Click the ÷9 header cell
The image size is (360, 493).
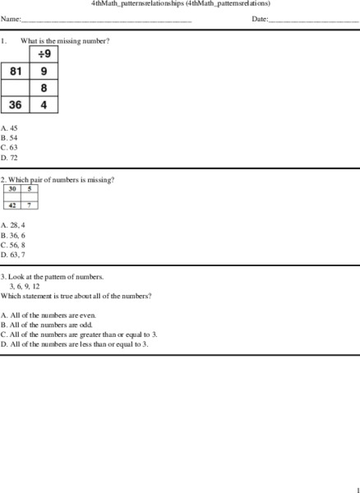pyautogui.click(x=44, y=54)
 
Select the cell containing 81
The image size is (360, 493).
pyautogui.click(x=16, y=71)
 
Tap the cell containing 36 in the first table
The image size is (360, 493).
pyautogui.click(x=16, y=104)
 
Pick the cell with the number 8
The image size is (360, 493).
pyautogui.click(x=44, y=88)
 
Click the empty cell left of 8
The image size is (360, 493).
pyautogui.click(x=16, y=88)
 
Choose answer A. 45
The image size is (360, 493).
pyautogui.click(x=10, y=128)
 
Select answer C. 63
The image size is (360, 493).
pyautogui.click(x=10, y=148)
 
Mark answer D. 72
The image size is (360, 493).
pyautogui.click(x=10, y=158)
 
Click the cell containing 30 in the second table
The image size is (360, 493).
pyautogui.click(x=12, y=189)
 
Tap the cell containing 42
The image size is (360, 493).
pyautogui.click(x=12, y=205)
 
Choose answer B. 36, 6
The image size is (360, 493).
pyautogui.click(x=14, y=235)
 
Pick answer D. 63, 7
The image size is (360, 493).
pyautogui.click(x=14, y=255)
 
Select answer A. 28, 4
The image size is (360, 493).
pyautogui.click(x=14, y=225)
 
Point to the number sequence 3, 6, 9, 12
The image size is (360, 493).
pyautogui.click(x=25, y=286)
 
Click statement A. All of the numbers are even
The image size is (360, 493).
pyautogui.click(x=48, y=316)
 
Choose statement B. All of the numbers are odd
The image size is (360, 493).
pyautogui.click(x=47, y=325)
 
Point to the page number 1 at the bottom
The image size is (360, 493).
pyautogui.click(x=357, y=488)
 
